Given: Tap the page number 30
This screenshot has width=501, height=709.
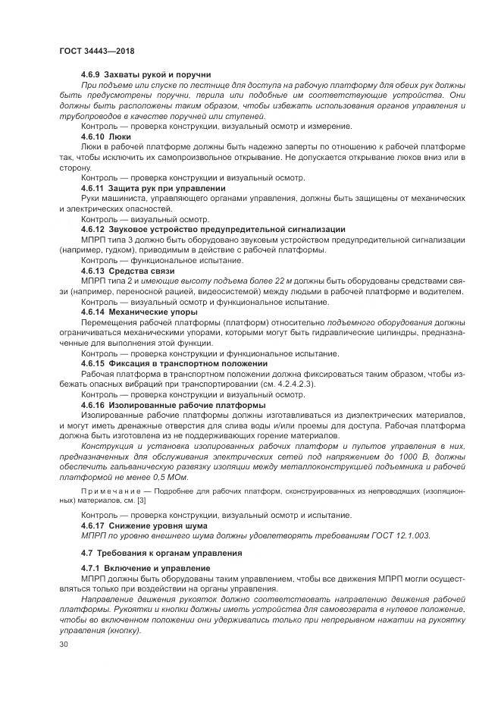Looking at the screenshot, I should pos(63,644).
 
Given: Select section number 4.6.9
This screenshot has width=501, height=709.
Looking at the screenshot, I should pos(92,77).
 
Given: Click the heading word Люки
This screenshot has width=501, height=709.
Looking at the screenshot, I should pos(124,136).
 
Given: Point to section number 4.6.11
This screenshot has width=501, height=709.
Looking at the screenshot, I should pos(94,187).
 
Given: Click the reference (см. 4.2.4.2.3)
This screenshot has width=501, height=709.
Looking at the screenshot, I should pos(280,384).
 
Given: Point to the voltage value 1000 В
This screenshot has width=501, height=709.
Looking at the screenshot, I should pos(377,457).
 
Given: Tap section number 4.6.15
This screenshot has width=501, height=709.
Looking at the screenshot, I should pos(94,364).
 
